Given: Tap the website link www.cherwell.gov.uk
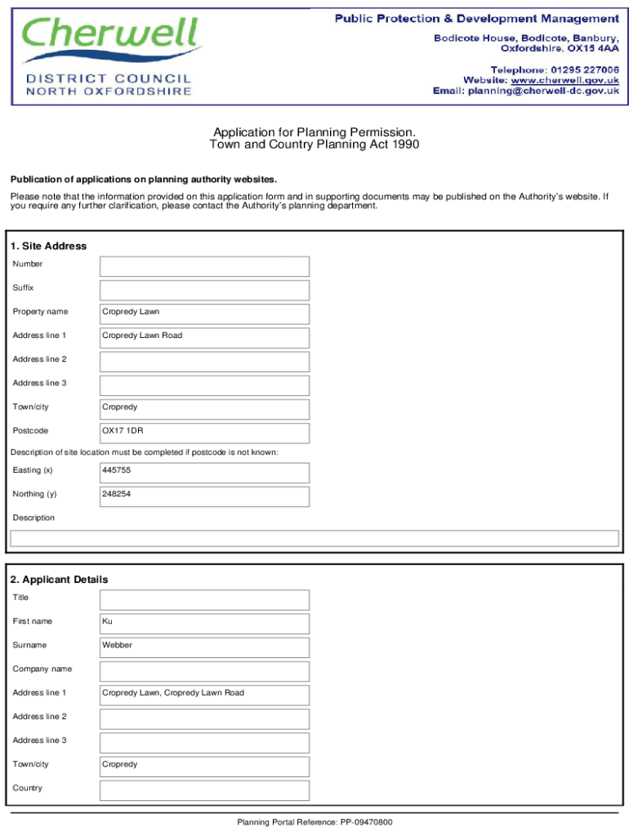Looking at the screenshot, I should [564, 80].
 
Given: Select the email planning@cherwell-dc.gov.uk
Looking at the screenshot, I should [542, 91].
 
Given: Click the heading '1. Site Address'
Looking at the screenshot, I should [48, 246].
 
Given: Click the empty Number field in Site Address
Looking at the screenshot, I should [204, 266].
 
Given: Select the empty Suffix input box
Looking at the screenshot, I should [204, 290].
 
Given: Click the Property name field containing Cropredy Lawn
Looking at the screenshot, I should [204, 313].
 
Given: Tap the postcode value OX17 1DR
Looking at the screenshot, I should [123, 430].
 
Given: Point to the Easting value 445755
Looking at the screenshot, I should [117, 470].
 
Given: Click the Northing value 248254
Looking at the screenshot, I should [117, 494].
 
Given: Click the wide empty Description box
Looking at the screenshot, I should [314, 538].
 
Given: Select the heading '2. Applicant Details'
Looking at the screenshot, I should [59, 579].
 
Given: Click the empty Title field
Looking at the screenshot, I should [204, 599].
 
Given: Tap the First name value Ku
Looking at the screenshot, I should [107, 621].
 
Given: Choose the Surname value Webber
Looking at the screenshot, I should [117, 645].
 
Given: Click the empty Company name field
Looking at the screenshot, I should [204, 671].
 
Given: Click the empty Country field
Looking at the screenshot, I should [204, 790].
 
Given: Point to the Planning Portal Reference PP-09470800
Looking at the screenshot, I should [314, 822].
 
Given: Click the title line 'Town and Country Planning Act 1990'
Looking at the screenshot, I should [314, 145].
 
